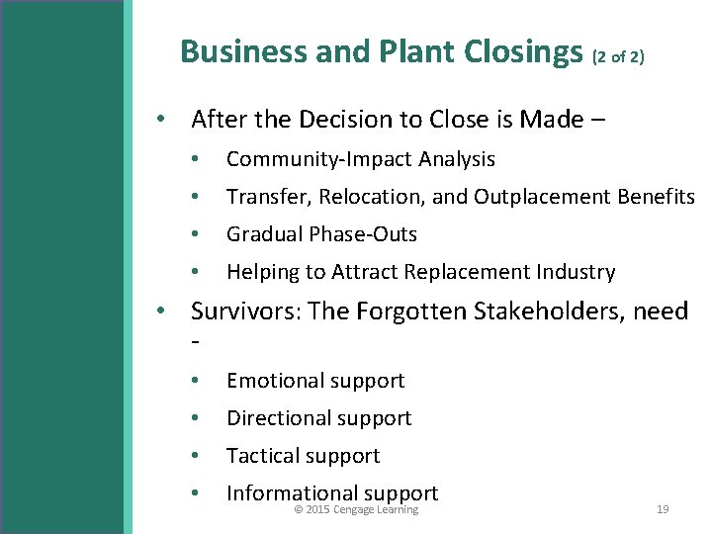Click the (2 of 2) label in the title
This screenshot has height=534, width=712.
pyautogui.click(x=618, y=57)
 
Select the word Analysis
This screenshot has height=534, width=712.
pyautogui.click(x=457, y=159)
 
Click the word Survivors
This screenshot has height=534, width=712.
pyautogui.click(x=245, y=311)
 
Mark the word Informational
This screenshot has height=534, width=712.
pyautogui.click(x=292, y=492)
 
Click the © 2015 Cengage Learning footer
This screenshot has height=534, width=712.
pyautogui.click(x=357, y=510)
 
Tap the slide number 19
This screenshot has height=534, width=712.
pyautogui.click(x=663, y=510)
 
